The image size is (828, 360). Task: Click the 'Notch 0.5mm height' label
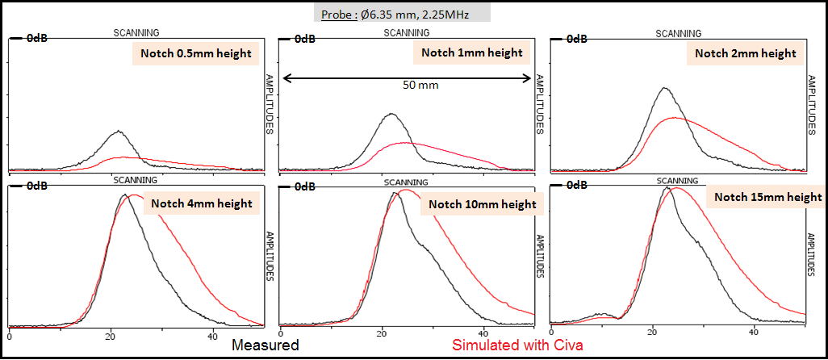pos(192,54)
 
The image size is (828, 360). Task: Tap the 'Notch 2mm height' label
pos(745,54)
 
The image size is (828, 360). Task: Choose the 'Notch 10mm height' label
pos(483,204)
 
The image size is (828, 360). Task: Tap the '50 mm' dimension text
pos(419,84)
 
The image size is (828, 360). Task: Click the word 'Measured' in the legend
pos(266,345)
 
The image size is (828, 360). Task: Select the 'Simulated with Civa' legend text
pos(519,345)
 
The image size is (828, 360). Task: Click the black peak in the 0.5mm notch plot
pos(119,131)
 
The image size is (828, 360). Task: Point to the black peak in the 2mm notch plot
pos(664,88)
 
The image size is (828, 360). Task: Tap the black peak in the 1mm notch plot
pos(391,114)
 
